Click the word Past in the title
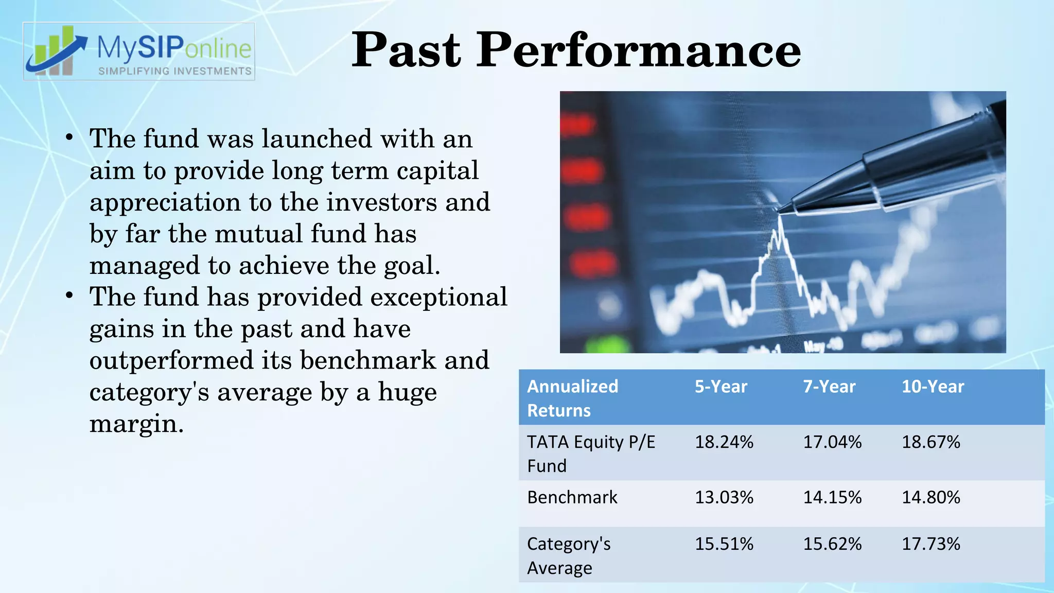406,50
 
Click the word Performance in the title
639,50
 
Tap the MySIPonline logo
139,51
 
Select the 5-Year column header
721,387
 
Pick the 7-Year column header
829,387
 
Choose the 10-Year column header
933,387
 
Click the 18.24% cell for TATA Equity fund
724,442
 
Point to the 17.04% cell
832,442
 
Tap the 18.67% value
930,442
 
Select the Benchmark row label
572,497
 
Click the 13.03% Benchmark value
724,497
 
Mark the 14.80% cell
930,497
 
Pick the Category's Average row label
569,555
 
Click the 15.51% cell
724,544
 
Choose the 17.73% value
930,544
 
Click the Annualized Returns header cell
572,398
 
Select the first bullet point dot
69,138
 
